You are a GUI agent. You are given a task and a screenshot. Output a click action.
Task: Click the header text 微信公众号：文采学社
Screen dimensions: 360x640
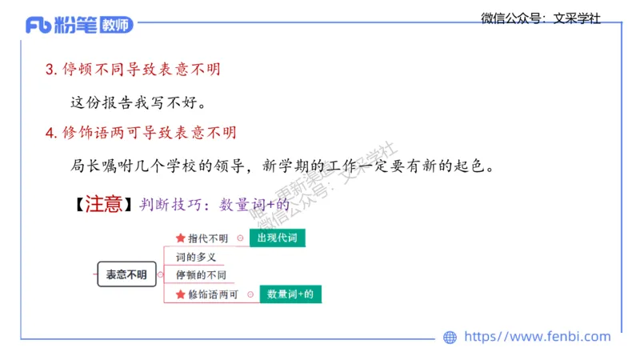(541, 18)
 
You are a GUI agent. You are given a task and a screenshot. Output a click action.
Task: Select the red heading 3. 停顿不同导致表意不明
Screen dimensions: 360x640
(133, 70)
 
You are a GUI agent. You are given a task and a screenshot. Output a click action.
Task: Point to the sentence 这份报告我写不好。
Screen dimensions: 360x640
(138, 102)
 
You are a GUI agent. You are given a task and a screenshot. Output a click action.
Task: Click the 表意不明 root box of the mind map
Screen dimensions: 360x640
(126, 274)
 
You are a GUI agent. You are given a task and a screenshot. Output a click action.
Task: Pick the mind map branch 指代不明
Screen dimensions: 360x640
(208, 238)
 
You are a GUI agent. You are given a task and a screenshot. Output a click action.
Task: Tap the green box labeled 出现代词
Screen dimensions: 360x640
(277, 238)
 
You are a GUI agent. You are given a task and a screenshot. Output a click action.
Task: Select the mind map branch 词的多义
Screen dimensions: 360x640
(196, 258)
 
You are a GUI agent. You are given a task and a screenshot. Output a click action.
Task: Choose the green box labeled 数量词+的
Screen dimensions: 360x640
(290, 294)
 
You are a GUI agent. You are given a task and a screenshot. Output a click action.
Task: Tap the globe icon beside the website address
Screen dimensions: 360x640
(450, 338)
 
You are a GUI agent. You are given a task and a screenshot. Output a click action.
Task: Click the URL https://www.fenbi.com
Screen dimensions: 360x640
(537, 337)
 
